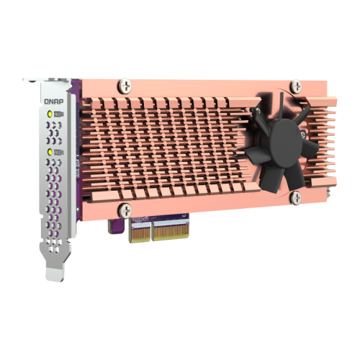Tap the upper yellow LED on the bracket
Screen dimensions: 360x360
50,114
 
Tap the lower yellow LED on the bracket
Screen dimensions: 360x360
50,152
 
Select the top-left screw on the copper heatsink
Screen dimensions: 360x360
127,86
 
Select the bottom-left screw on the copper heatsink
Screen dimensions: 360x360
127,211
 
